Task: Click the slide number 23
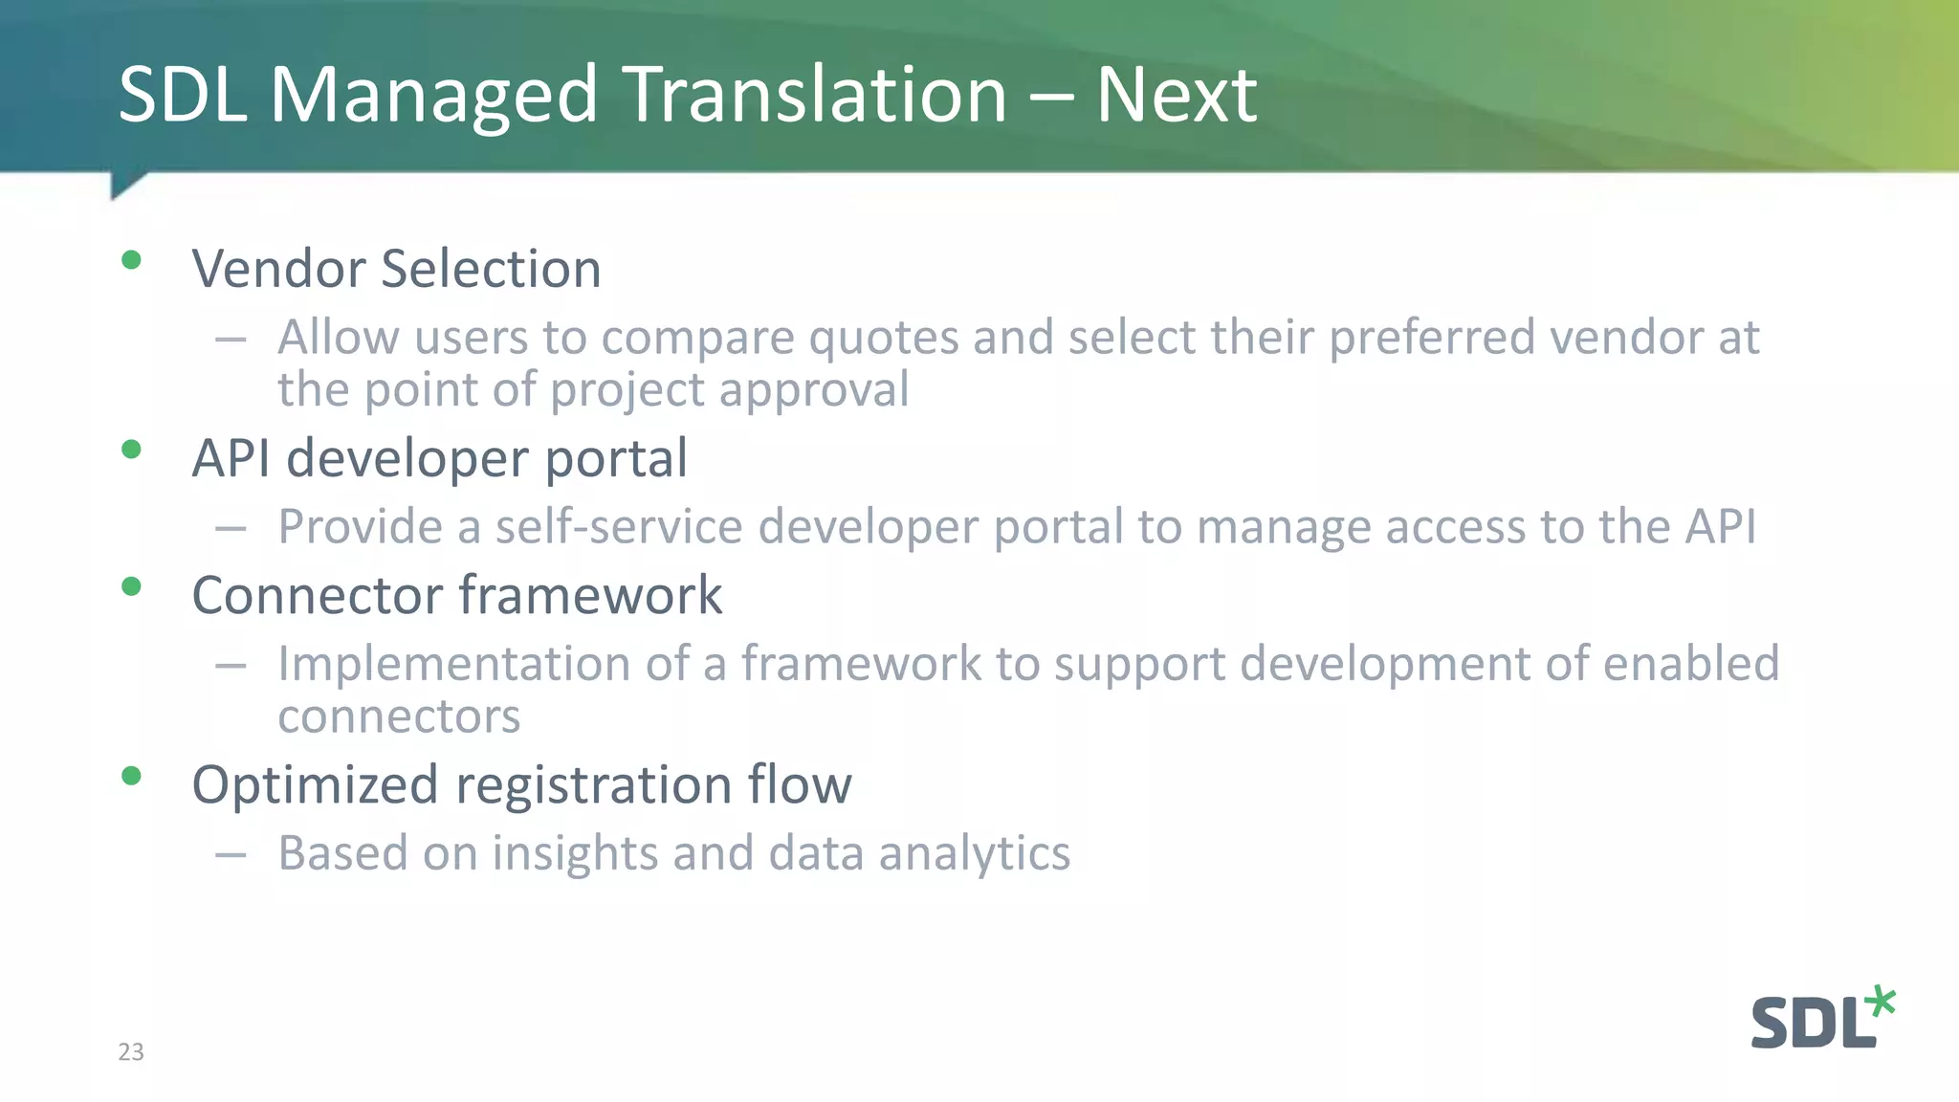(x=131, y=1051)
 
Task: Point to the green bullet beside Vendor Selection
(x=132, y=260)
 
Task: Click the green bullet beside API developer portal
(x=132, y=450)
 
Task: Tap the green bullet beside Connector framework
(x=132, y=586)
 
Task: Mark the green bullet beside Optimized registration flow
(x=132, y=776)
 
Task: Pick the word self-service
(x=619, y=526)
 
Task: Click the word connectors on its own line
(x=399, y=716)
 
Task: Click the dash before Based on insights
(x=231, y=853)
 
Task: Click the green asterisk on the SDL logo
(x=1880, y=1001)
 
